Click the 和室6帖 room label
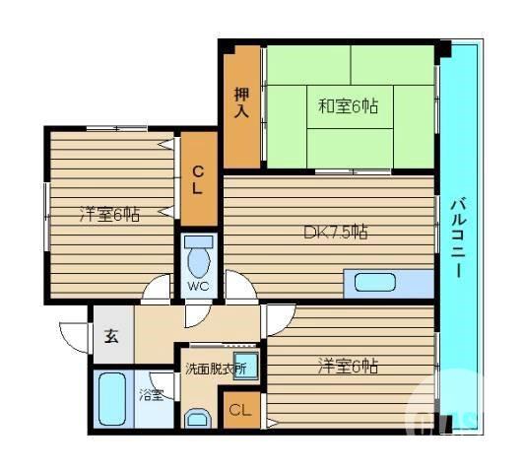click(x=348, y=104)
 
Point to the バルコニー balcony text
click(x=458, y=235)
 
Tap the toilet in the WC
click(x=199, y=258)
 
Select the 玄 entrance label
click(x=111, y=334)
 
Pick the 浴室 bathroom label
click(x=151, y=395)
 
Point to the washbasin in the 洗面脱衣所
click(x=246, y=368)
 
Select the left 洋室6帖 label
click(x=109, y=213)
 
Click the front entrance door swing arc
click(x=75, y=335)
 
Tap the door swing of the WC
click(x=196, y=309)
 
